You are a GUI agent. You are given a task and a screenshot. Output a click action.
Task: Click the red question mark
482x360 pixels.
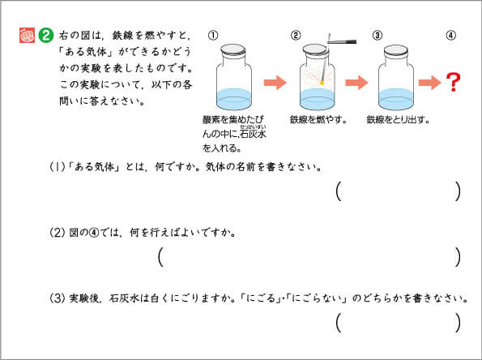pyautogui.click(x=454, y=82)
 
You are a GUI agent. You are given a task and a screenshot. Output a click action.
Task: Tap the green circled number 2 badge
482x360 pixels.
pyautogui.click(x=46, y=36)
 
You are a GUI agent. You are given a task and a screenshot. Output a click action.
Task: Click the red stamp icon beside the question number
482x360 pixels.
pyautogui.click(x=27, y=35)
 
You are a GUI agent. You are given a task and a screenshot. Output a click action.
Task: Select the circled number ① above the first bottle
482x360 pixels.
pyautogui.click(x=213, y=36)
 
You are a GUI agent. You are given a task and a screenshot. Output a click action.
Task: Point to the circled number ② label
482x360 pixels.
pyautogui.click(x=296, y=36)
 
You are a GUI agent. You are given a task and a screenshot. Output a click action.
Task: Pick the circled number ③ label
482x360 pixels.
pyautogui.click(x=377, y=36)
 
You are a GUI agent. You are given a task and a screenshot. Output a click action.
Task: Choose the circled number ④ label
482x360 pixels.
pyautogui.click(x=451, y=36)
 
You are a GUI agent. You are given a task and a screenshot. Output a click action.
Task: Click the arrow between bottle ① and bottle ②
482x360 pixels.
pyautogui.click(x=275, y=83)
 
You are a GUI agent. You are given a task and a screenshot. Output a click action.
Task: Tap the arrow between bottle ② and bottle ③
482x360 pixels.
pyautogui.click(x=356, y=83)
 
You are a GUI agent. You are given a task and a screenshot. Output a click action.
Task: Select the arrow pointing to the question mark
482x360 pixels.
pyautogui.click(x=429, y=83)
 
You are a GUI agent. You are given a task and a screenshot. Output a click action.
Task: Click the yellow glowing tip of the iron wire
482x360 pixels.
pyautogui.click(x=322, y=83)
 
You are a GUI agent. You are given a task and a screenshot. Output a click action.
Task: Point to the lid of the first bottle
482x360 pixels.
pyautogui.click(x=233, y=50)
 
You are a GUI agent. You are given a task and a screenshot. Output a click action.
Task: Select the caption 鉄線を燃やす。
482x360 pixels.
pyautogui.click(x=318, y=119)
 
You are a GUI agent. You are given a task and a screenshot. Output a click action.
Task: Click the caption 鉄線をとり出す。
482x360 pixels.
pyautogui.click(x=398, y=119)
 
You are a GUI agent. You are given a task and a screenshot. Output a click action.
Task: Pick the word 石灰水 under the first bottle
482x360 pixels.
pyautogui.click(x=253, y=134)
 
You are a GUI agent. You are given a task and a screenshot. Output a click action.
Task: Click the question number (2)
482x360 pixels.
pyautogui.click(x=58, y=233)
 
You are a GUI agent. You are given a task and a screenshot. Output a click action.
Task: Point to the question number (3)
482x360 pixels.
pyautogui.click(x=58, y=298)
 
